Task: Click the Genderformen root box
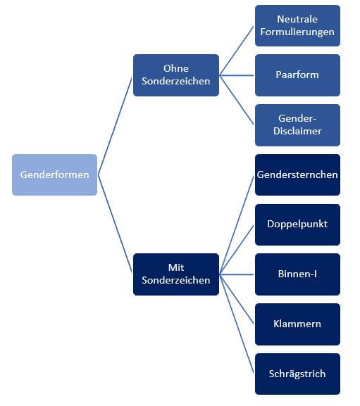[54, 175]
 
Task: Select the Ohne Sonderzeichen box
[176, 75]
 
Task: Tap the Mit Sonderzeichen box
[176, 274]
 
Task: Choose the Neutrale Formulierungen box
[297, 25]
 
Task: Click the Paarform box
[297, 75]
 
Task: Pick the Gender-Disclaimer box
[297, 125]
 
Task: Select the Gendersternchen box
[297, 175]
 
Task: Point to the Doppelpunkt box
[297, 224]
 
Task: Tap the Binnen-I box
[297, 274]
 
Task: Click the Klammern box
[297, 324]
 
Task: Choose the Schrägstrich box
[297, 374]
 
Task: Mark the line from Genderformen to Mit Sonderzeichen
[115, 223]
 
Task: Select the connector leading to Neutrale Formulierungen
[237, 51]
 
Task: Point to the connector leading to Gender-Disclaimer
[237, 100]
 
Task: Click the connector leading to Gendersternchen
[237, 224]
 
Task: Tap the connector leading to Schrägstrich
[237, 324]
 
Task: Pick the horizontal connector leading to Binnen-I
[237, 274]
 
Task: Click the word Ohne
[176, 69]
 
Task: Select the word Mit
[176, 267]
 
